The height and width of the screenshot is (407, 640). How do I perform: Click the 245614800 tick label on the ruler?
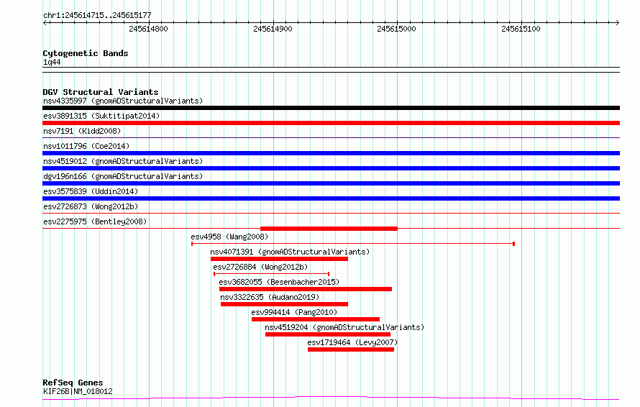(x=148, y=29)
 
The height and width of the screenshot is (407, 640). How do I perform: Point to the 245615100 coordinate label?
(x=521, y=29)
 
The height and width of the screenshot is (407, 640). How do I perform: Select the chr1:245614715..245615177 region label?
(x=97, y=16)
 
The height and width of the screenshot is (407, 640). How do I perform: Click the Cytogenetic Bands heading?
(x=86, y=53)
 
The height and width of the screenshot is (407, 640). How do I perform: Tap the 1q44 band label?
(x=52, y=62)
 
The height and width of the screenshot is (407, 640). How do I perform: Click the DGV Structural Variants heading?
(x=101, y=92)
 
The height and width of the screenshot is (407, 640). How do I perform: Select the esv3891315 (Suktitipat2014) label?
(x=101, y=116)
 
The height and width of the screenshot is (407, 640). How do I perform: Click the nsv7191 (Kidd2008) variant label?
(x=82, y=131)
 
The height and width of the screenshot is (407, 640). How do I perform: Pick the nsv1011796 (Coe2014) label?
(x=86, y=146)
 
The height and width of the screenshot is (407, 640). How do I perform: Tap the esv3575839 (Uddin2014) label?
(x=91, y=191)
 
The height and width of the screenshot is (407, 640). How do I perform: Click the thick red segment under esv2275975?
(x=329, y=229)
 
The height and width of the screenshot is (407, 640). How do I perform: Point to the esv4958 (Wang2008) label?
(x=229, y=237)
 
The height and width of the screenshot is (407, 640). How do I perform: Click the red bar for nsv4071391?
(x=279, y=259)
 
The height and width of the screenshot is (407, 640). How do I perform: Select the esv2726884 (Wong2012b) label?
(x=260, y=267)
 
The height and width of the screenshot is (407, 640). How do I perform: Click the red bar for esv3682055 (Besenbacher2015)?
(x=306, y=289)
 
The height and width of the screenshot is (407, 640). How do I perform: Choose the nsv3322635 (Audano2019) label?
(x=270, y=297)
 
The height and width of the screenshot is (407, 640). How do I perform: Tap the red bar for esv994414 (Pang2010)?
(x=316, y=319)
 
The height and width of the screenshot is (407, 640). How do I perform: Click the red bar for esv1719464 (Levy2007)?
(x=351, y=349)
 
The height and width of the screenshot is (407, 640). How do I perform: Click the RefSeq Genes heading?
(x=73, y=383)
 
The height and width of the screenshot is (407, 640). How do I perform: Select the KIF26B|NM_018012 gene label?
(x=78, y=391)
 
